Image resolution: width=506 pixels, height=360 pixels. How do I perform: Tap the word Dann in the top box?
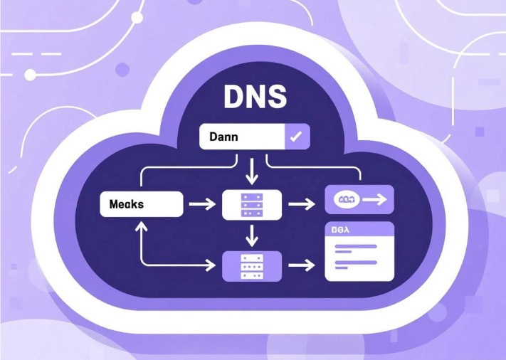pos(224,136)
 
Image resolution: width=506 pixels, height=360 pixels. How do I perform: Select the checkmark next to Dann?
pos(294,137)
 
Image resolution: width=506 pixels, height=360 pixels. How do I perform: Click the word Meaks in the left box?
pos(127,204)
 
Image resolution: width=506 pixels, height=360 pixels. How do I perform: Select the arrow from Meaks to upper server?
pos(201,204)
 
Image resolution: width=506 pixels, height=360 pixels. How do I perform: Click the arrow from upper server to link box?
pos(302,204)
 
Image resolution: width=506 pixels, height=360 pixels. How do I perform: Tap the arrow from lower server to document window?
pos(302,265)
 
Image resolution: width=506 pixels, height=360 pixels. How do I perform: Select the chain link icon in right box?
pos(345,200)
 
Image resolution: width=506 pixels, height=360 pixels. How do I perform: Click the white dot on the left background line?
pos(30,74)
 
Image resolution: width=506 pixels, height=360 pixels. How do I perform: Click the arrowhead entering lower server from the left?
pos(210,265)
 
